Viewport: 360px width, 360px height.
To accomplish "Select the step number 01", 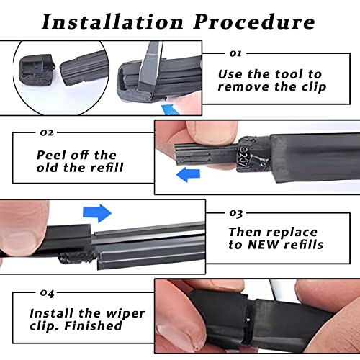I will pyautogui.click(x=235, y=53).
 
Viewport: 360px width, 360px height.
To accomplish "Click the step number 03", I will pyautogui.click(x=235, y=214).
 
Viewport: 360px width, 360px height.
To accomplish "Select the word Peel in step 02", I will pyautogui.click(x=51, y=155).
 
